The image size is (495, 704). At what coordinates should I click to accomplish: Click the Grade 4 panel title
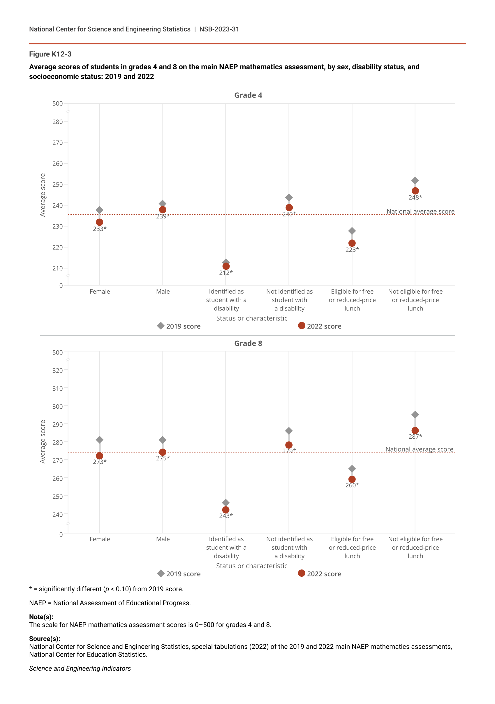[248, 95]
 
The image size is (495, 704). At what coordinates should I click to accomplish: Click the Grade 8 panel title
[248, 343]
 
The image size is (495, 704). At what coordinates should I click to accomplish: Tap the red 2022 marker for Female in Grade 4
[99, 222]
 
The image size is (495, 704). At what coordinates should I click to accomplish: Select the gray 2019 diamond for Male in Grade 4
[163, 204]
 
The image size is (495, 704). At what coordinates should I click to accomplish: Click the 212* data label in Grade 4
[226, 273]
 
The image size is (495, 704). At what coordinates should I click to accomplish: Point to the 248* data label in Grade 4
[415, 197]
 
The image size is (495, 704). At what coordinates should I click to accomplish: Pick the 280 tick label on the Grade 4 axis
[57, 122]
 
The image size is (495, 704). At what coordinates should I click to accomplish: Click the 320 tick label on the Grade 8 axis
[57, 370]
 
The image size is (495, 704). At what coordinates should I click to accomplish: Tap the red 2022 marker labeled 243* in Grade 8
[226, 510]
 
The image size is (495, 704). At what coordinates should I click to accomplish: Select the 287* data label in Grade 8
[415, 437]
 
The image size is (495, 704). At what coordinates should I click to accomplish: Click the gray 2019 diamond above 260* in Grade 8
[352, 469]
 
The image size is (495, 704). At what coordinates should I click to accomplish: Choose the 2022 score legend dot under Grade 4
[302, 326]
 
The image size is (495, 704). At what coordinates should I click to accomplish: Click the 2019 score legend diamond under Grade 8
[161, 574]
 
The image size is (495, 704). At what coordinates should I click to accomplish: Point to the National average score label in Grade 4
[420, 211]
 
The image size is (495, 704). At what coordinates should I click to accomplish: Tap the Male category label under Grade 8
[163, 539]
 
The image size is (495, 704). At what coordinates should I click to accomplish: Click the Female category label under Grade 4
[100, 292]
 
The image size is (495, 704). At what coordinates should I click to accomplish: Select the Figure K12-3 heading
[50, 54]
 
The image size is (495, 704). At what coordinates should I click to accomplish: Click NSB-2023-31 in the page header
[219, 29]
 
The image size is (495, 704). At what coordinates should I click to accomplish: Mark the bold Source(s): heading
[45, 639]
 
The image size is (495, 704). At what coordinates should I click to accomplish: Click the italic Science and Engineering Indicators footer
[80, 668]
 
